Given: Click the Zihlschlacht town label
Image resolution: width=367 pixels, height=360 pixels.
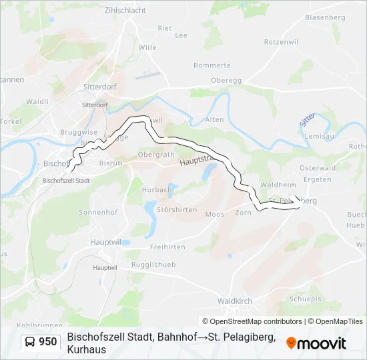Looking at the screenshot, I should [x=125, y=10].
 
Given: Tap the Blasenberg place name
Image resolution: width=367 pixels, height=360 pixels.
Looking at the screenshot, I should [x=324, y=17].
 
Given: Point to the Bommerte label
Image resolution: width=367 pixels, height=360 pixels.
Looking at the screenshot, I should [x=212, y=65].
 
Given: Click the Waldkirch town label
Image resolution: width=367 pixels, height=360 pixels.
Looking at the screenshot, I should [x=234, y=301].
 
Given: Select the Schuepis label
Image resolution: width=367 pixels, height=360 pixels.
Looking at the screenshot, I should [x=307, y=299].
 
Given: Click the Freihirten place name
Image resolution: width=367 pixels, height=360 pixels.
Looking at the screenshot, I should [x=167, y=247].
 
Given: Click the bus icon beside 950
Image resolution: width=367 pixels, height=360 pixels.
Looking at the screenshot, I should [x=31, y=342].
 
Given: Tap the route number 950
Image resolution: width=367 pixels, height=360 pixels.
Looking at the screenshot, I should [x=47, y=342].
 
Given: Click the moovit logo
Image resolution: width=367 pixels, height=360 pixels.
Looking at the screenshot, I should [x=316, y=343].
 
